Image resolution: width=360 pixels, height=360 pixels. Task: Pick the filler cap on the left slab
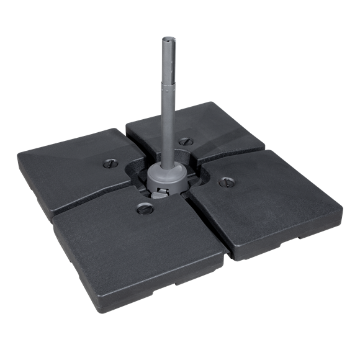click(x=106, y=164)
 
